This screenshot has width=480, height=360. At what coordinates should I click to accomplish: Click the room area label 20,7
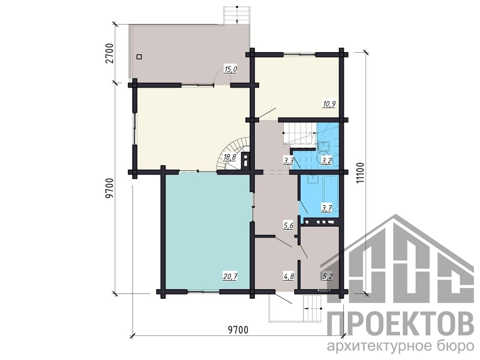[x=230, y=277]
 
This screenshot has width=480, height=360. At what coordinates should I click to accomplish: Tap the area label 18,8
[x=230, y=157]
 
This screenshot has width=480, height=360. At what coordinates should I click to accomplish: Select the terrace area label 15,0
[x=231, y=70]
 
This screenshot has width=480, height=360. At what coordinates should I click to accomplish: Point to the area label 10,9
[x=329, y=104]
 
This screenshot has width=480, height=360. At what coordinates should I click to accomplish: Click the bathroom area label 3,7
[x=326, y=209]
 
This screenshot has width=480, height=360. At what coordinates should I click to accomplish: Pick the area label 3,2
[x=326, y=160]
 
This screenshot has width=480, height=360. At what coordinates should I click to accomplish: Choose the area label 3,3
[x=289, y=160]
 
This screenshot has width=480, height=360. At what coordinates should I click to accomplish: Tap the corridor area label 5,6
[x=289, y=226]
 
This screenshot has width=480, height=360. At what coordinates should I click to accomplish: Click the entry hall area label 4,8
[x=289, y=277]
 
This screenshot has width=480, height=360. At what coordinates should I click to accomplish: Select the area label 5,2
[x=328, y=277]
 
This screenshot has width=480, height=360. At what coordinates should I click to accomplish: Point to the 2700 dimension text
[x=110, y=53]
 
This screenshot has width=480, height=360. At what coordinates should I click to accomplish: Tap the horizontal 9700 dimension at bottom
[x=238, y=330]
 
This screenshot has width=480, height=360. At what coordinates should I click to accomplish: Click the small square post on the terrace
[x=139, y=56]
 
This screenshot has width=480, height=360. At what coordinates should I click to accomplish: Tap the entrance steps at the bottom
[x=312, y=308]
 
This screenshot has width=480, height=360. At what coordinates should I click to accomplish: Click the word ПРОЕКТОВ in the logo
[x=401, y=325]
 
